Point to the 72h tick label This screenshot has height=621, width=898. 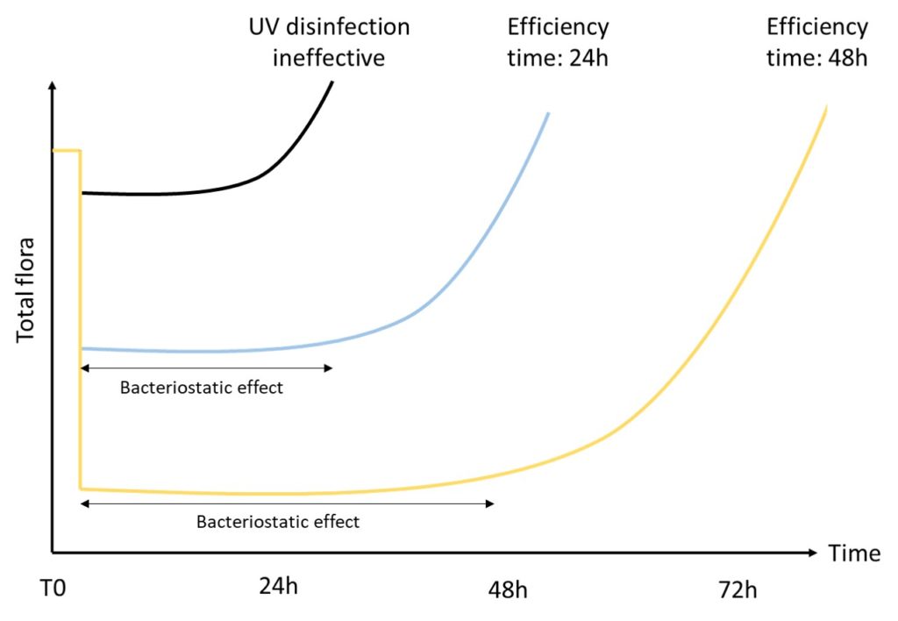pos(736,589)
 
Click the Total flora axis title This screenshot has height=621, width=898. pos(26,289)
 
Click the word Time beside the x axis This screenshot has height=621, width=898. pos(853,553)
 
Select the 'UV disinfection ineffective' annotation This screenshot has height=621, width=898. pos(328,42)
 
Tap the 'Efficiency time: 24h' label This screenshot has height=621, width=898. pos(558,42)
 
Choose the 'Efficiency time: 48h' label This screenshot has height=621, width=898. pos(816,42)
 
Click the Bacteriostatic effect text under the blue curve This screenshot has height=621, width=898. pos(202,388)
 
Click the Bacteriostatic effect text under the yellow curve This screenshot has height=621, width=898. pos(278,522)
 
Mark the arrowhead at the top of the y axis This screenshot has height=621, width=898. pos(53,86)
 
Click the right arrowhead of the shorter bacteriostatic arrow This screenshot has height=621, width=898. pos(330,368)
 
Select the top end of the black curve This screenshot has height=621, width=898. pos(332,82)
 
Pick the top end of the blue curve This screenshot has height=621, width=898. pos(548,114)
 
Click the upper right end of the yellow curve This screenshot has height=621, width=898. pos(826,106)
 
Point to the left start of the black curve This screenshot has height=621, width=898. pos(82,192)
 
